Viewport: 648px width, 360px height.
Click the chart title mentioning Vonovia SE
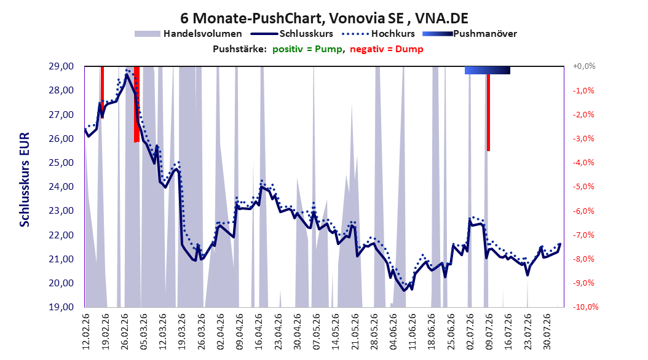click(x=324, y=18)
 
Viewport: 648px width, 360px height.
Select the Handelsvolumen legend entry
click(x=189, y=34)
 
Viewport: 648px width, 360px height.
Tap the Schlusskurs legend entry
click(x=292, y=34)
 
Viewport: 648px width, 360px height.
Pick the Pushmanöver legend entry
click(x=470, y=34)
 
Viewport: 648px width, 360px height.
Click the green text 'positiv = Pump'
click(x=307, y=49)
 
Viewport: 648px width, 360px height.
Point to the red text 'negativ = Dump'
click(x=387, y=49)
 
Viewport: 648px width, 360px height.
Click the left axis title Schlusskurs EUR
click(x=25, y=179)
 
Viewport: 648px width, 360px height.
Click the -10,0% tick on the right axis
click(x=585, y=307)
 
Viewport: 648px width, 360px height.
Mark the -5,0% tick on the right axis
click(x=583, y=187)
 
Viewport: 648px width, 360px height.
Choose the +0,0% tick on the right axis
click(x=584, y=66)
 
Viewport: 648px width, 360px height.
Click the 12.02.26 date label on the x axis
click(x=86, y=332)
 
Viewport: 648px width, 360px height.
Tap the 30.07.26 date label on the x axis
click(x=547, y=332)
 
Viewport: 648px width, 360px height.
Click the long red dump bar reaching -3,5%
click(x=488, y=112)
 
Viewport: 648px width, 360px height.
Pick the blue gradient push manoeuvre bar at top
click(x=488, y=70)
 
